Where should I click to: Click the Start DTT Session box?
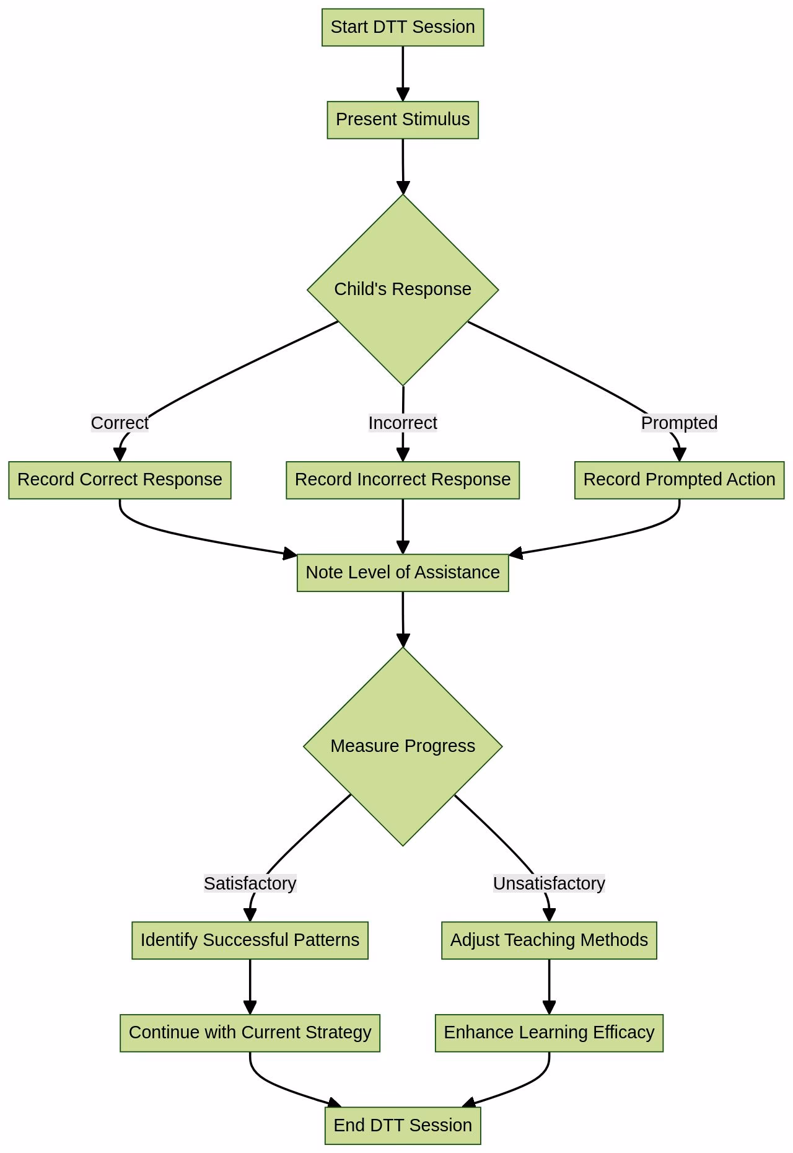point(403,27)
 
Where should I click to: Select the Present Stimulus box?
point(403,120)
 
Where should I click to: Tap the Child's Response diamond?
point(403,289)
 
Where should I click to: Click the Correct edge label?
point(120,423)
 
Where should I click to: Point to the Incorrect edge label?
point(403,423)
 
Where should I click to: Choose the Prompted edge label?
point(679,423)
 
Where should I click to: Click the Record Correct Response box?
point(120,480)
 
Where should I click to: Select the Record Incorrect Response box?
point(403,480)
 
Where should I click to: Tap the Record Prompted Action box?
point(679,480)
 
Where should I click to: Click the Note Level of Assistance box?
point(403,573)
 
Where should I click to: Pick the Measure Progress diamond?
point(403,746)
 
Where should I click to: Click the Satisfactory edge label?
point(250,883)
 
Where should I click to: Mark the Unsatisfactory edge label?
point(549,883)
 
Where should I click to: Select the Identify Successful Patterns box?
point(250,940)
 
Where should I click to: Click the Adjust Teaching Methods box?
point(549,940)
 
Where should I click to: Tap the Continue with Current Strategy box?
point(250,1033)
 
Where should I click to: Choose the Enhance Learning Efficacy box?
point(549,1033)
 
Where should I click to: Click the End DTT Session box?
point(403,1126)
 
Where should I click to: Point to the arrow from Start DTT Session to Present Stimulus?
point(403,73)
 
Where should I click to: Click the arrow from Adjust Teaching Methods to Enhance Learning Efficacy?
point(549,986)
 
